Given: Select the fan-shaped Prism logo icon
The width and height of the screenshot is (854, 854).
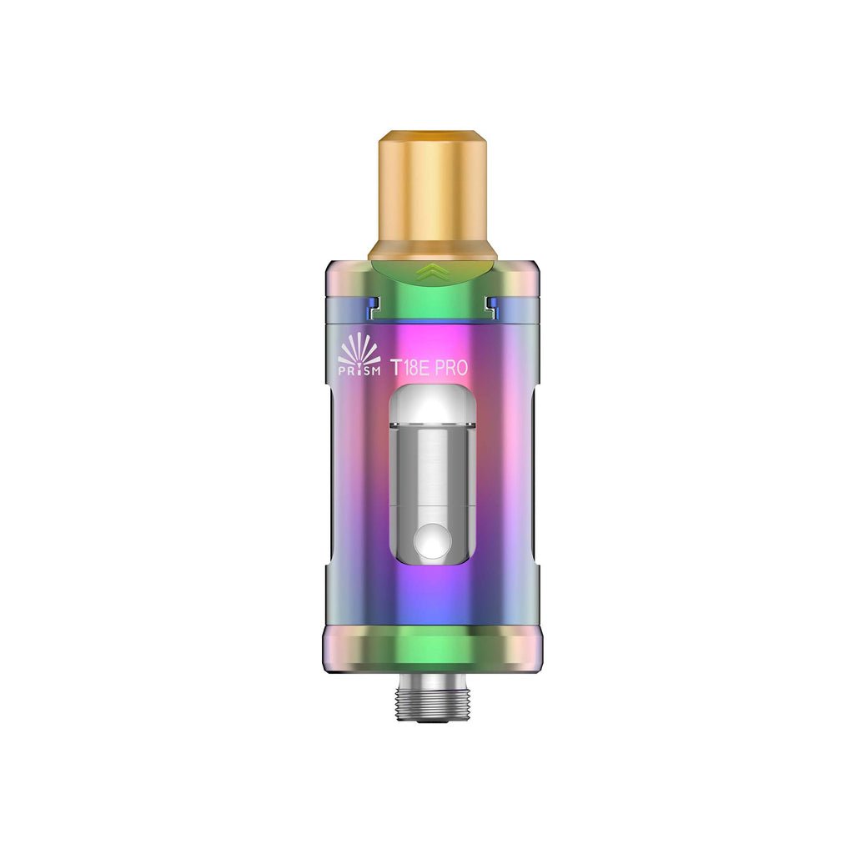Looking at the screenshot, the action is [x=359, y=353].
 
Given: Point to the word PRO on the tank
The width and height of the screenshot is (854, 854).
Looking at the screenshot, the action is [x=451, y=368].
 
